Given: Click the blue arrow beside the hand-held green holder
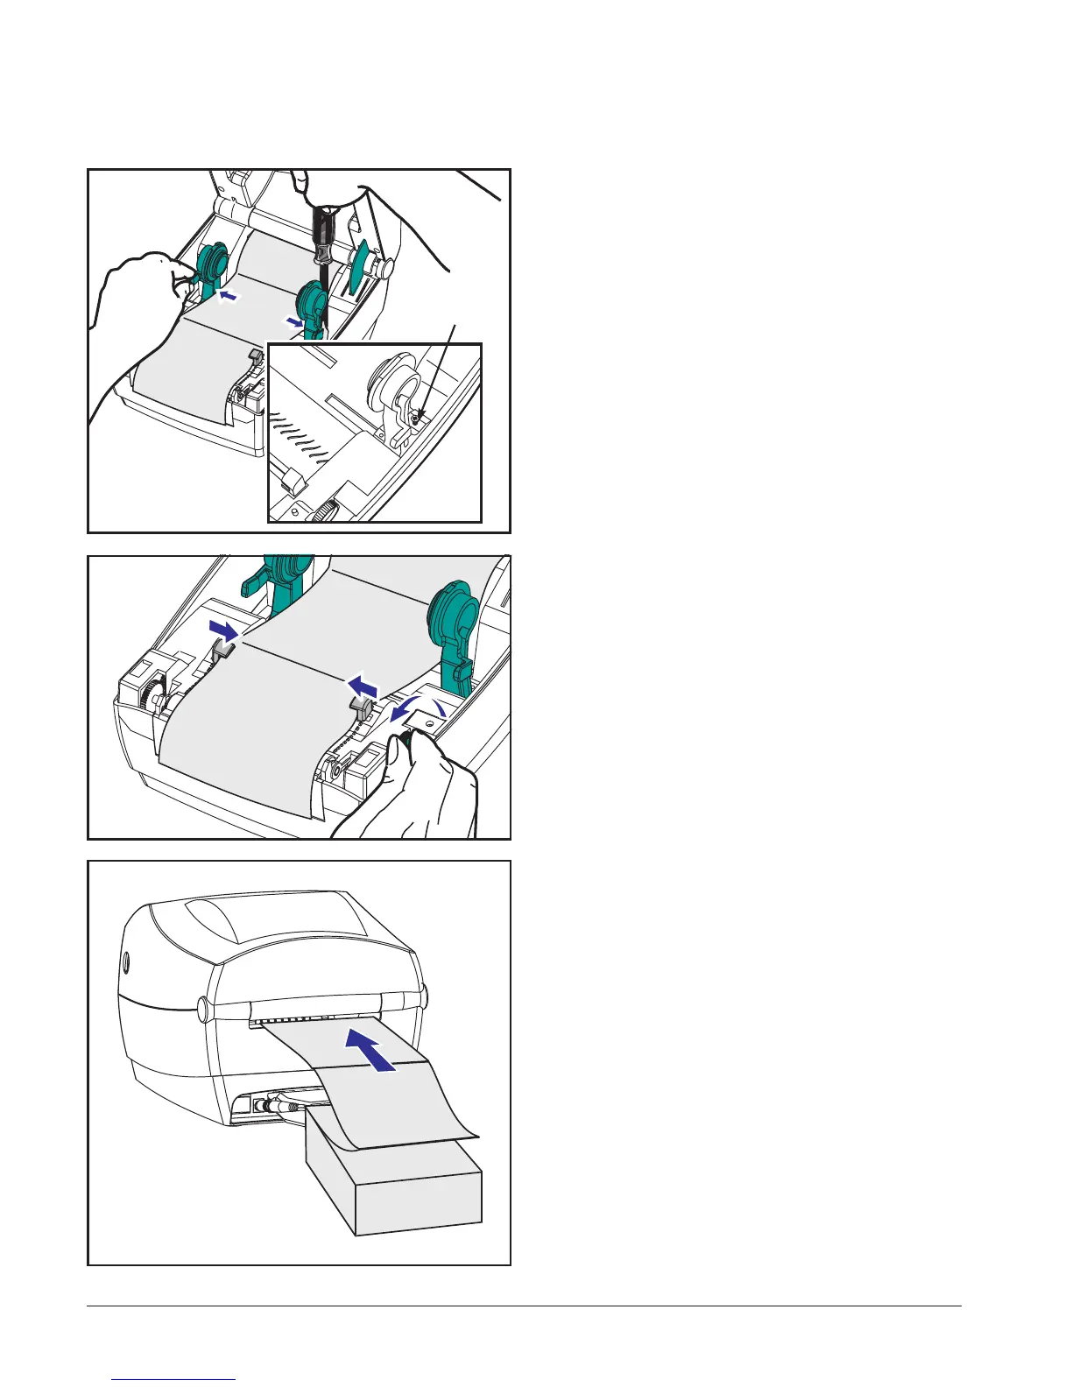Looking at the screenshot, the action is coord(228,298).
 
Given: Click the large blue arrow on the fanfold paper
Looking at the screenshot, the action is coord(376,1048).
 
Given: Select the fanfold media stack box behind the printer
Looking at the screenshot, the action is coord(394,1186).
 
